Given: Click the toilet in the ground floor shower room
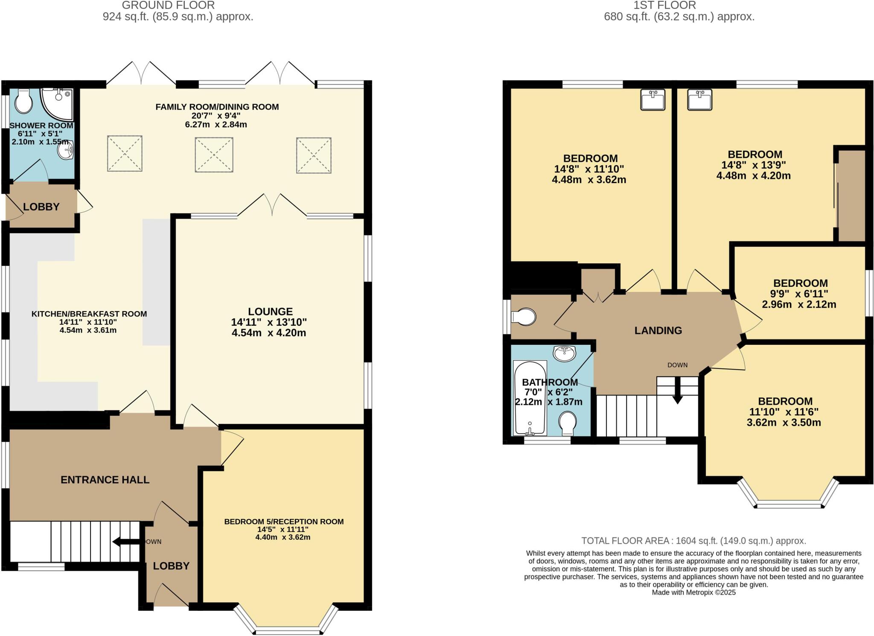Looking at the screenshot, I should tap(23, 102).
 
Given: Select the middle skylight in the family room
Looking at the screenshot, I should tap(214, 155).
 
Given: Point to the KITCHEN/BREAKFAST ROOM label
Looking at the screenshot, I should tap(89, 314).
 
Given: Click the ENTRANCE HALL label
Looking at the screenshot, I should tap(105, 480).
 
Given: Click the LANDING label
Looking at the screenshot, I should tap(658, 330).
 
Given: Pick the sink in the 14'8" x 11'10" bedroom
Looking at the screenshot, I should tap(653, 100).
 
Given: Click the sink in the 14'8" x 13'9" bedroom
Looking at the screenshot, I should tap(700, 100).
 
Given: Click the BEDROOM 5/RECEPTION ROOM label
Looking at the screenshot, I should tap(284, 522).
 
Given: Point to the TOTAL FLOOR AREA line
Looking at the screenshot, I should tap(693, 541).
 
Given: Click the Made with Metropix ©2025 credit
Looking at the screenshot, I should tap(693, 592).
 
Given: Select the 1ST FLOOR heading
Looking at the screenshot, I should tap(664, 6).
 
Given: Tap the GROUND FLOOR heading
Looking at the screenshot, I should tap(169, 6).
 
